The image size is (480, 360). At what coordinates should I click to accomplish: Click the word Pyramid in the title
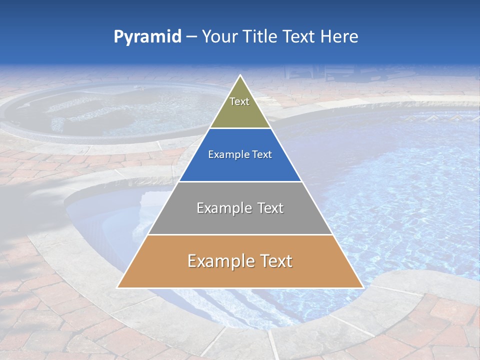(x=147, y=37)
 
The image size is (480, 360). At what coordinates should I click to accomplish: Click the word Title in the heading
(x=260, y=37)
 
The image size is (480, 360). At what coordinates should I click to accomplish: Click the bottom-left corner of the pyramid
(x=118, y=287)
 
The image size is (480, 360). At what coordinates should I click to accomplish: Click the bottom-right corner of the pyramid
(x=362, y=287)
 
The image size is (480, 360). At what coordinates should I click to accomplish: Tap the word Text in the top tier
(x=239, y=101)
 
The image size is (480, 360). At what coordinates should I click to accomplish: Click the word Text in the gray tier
(x=270, y=208)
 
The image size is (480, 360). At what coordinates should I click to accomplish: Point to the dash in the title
(x=191, y=37)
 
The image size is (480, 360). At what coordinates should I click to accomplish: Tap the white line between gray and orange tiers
(x=240, y=234)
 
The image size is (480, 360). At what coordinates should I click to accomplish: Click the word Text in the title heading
(x=299, y=37)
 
